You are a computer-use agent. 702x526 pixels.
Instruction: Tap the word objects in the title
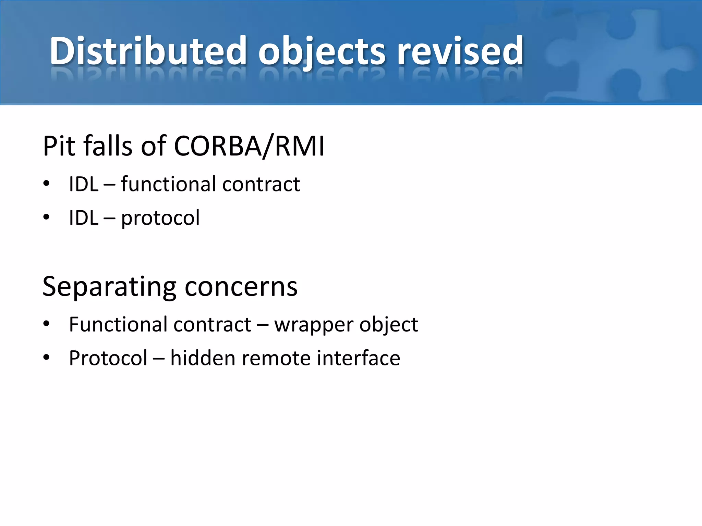coord(322,51)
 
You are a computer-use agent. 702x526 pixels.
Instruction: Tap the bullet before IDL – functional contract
coord(47,184)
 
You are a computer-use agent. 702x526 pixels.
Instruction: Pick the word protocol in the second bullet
coord(160,218)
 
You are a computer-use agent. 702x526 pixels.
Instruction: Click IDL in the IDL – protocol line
coord(84,218)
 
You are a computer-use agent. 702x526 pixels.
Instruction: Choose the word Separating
coord(109,287)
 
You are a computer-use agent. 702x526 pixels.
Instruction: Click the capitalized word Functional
coord(118,324)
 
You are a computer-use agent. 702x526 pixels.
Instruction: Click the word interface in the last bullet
coord(358,358)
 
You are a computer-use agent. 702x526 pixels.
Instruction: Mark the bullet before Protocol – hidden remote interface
coord(47,358)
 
